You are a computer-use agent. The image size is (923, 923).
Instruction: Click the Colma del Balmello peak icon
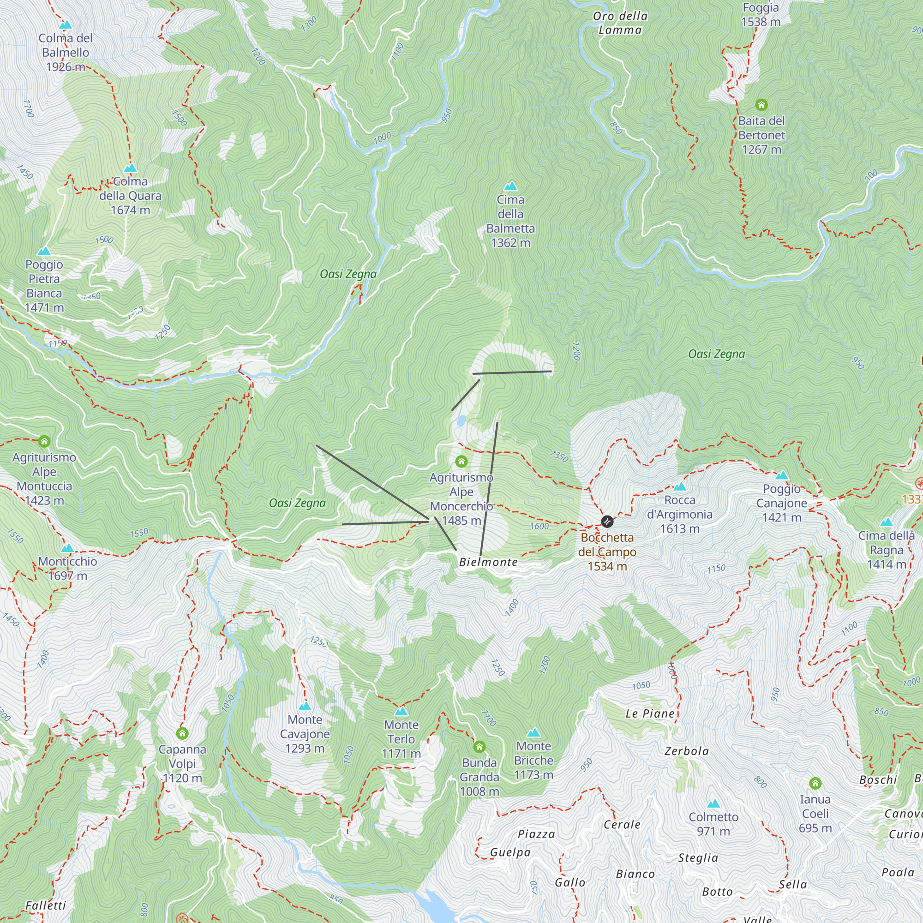pos(66,25)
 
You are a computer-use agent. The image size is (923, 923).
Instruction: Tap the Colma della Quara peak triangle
pos(131,168)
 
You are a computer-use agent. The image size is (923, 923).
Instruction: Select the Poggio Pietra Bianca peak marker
pos(44,252)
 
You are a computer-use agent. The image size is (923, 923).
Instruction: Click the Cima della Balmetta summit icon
pos(511,186)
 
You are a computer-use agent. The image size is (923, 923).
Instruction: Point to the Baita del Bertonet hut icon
pos(761,105)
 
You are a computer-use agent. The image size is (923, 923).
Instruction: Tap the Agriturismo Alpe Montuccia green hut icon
pos(44,441)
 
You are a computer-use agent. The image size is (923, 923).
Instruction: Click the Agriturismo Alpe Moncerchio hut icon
pos(461,461)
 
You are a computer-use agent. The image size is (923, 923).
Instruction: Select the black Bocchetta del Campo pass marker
pos(607,521)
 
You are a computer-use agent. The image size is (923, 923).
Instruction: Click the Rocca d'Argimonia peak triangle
pos(679,487)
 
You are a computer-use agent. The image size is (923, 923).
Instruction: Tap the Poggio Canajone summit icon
pos(782,475)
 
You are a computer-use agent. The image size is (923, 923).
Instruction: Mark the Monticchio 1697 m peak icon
pos(67,548)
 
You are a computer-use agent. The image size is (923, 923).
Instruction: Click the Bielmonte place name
pos(488,562)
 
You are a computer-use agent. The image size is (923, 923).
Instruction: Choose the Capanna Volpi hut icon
pos(182,733)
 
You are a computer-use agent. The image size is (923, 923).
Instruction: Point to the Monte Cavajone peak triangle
pos(304,707)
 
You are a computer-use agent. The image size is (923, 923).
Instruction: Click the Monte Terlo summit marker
pos(402,712)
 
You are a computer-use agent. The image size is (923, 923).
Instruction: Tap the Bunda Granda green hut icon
pos(479,746)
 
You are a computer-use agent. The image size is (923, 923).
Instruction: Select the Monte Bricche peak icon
pos(533,733)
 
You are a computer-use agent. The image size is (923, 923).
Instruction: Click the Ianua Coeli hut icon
pos(815,783)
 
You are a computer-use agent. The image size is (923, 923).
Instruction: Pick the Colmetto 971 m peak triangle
pos(713,803)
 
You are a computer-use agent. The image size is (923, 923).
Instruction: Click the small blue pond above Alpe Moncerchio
pos(461,421)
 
